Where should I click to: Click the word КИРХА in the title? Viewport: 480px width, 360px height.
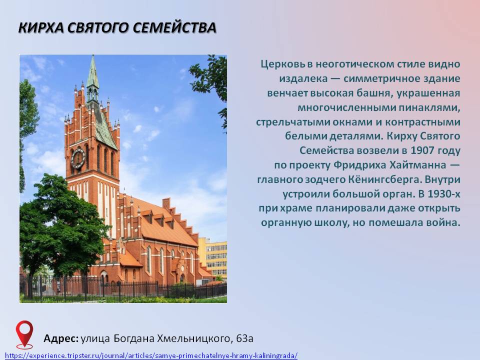coord(41,27)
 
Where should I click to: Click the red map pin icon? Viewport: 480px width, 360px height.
coord(24,334)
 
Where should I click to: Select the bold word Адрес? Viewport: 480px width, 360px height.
coord(61,338)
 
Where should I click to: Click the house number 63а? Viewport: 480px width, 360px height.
coord(244,338)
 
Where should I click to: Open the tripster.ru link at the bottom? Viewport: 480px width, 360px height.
coord(151,355)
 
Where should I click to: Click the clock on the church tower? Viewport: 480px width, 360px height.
coord(78,158)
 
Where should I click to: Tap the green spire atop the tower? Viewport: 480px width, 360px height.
coord(93,73)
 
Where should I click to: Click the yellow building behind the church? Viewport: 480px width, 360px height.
coord(213,257)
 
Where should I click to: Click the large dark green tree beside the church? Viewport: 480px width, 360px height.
coord(61,223)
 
